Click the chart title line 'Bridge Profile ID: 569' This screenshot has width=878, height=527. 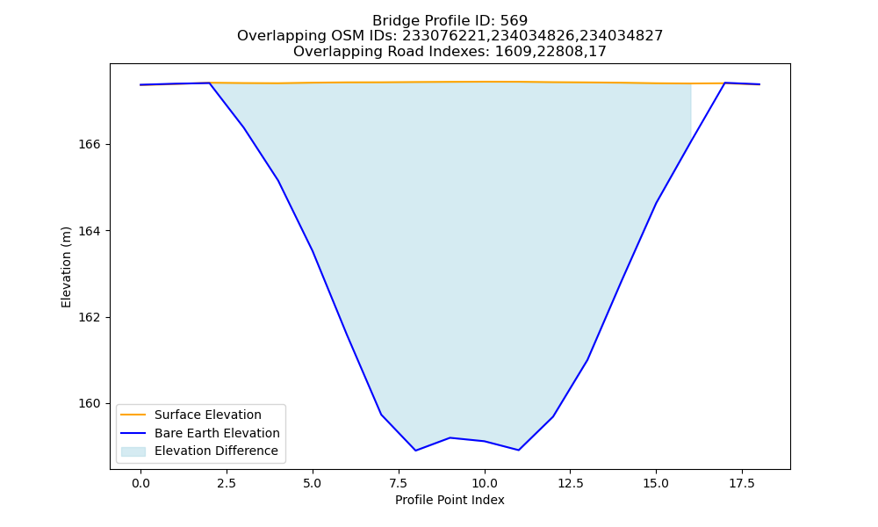coord(450,21)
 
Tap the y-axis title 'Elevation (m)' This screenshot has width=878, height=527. coord(66,267)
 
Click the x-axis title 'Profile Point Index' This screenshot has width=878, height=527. coord(450,500)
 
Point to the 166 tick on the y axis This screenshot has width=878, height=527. coord(90,145)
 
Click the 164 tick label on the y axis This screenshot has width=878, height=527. coord(90,231)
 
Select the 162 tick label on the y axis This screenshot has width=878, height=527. coord(90,317)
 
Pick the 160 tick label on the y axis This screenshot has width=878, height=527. coord(90,404)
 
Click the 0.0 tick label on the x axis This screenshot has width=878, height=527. coord(140,483)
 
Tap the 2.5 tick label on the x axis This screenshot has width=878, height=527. coord(227,483)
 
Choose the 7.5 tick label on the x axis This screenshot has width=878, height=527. coord(398,483)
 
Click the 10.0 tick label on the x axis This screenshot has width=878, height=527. coord(485,483)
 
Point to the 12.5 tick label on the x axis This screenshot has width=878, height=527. coord(570,483)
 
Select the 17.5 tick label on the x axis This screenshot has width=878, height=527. coord(742,483)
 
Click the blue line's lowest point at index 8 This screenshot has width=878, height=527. coord(415,451)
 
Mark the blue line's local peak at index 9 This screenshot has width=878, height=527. coord(450,437)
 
